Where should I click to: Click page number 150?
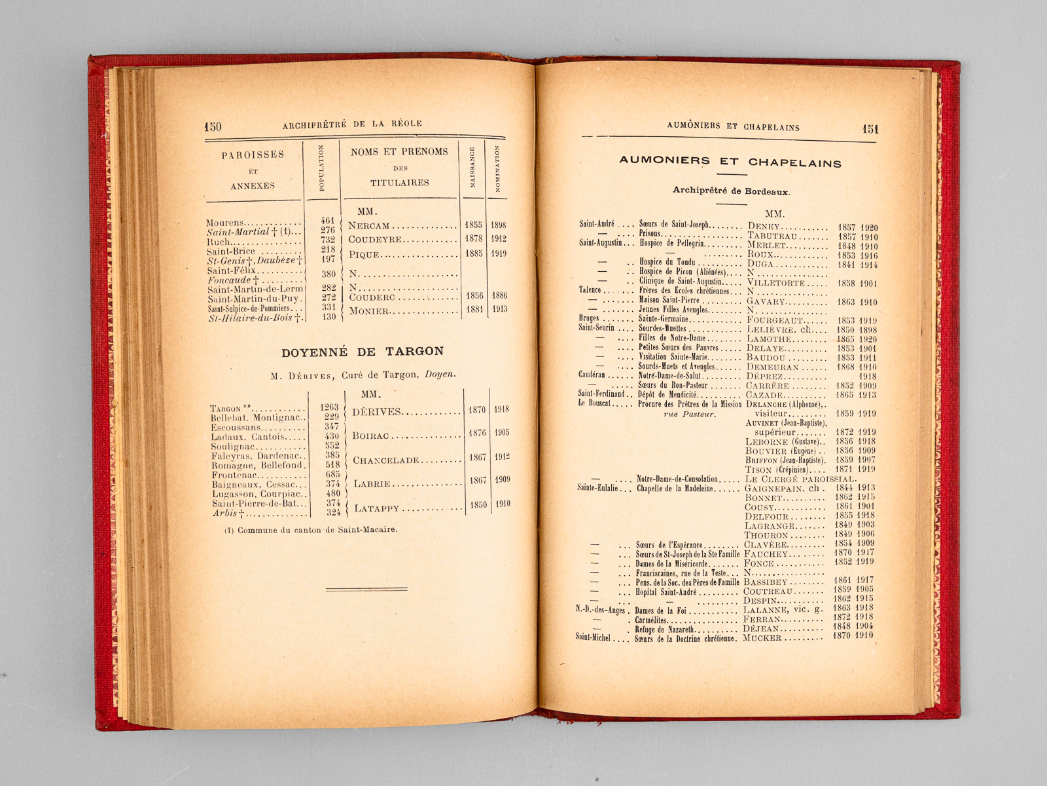(x=213, y=126)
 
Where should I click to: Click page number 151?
(x=870, y=129)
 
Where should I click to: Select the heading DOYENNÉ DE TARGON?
(x=363, y=352)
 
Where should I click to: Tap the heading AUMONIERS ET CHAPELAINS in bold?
(x=730, y=162)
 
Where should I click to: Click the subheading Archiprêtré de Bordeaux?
(x=731, y=191)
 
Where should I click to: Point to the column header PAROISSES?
(x=253, y=155)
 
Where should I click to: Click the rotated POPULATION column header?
(x=321, y=168)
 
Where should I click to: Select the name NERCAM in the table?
(x=369, y=225)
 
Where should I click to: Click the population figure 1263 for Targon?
(x=329, y=407)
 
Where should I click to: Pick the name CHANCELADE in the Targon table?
(x=386, y=460)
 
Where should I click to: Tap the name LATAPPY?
(x=376, y=508)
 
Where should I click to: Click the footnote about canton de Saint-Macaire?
(x=310, y=529)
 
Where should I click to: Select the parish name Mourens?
(x=224, y=223)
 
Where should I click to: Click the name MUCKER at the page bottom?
(x=762, y=637)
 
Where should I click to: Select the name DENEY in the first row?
(x=764, y=227)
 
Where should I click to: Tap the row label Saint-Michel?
(x=592, y=637)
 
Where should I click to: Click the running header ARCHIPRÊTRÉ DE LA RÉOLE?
(x=352, y=124)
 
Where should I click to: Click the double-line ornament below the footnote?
(x=366, y=589)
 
